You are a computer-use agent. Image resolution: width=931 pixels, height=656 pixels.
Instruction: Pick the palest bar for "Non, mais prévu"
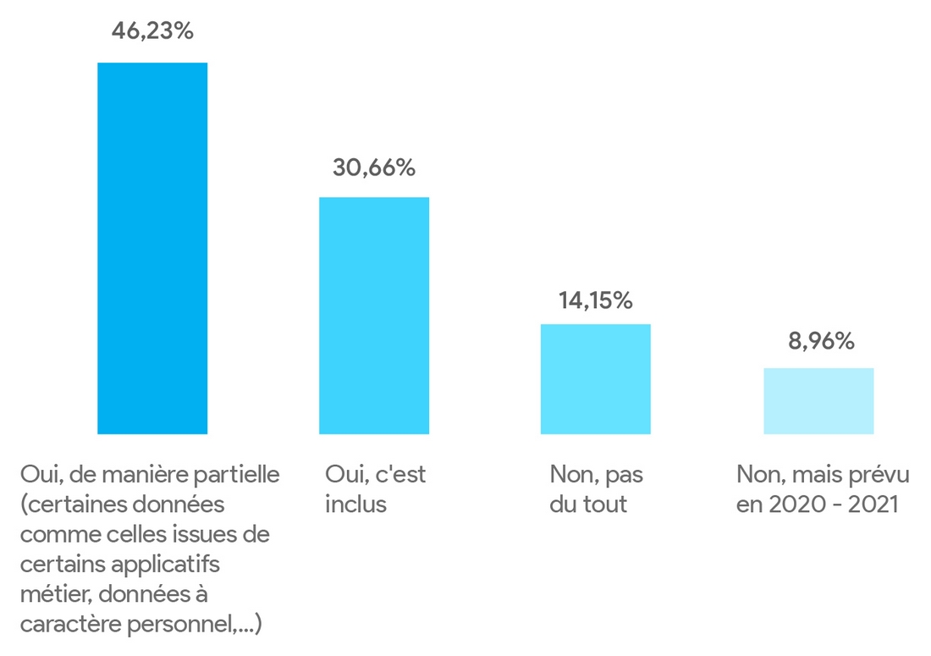click(818, 401)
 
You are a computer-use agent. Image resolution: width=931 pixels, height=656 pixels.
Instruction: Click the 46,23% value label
click(152, 32)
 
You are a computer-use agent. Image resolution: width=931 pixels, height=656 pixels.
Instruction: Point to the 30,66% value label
click(373, 168)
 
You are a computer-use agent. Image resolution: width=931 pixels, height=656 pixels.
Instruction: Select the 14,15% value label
click(595, 300)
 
